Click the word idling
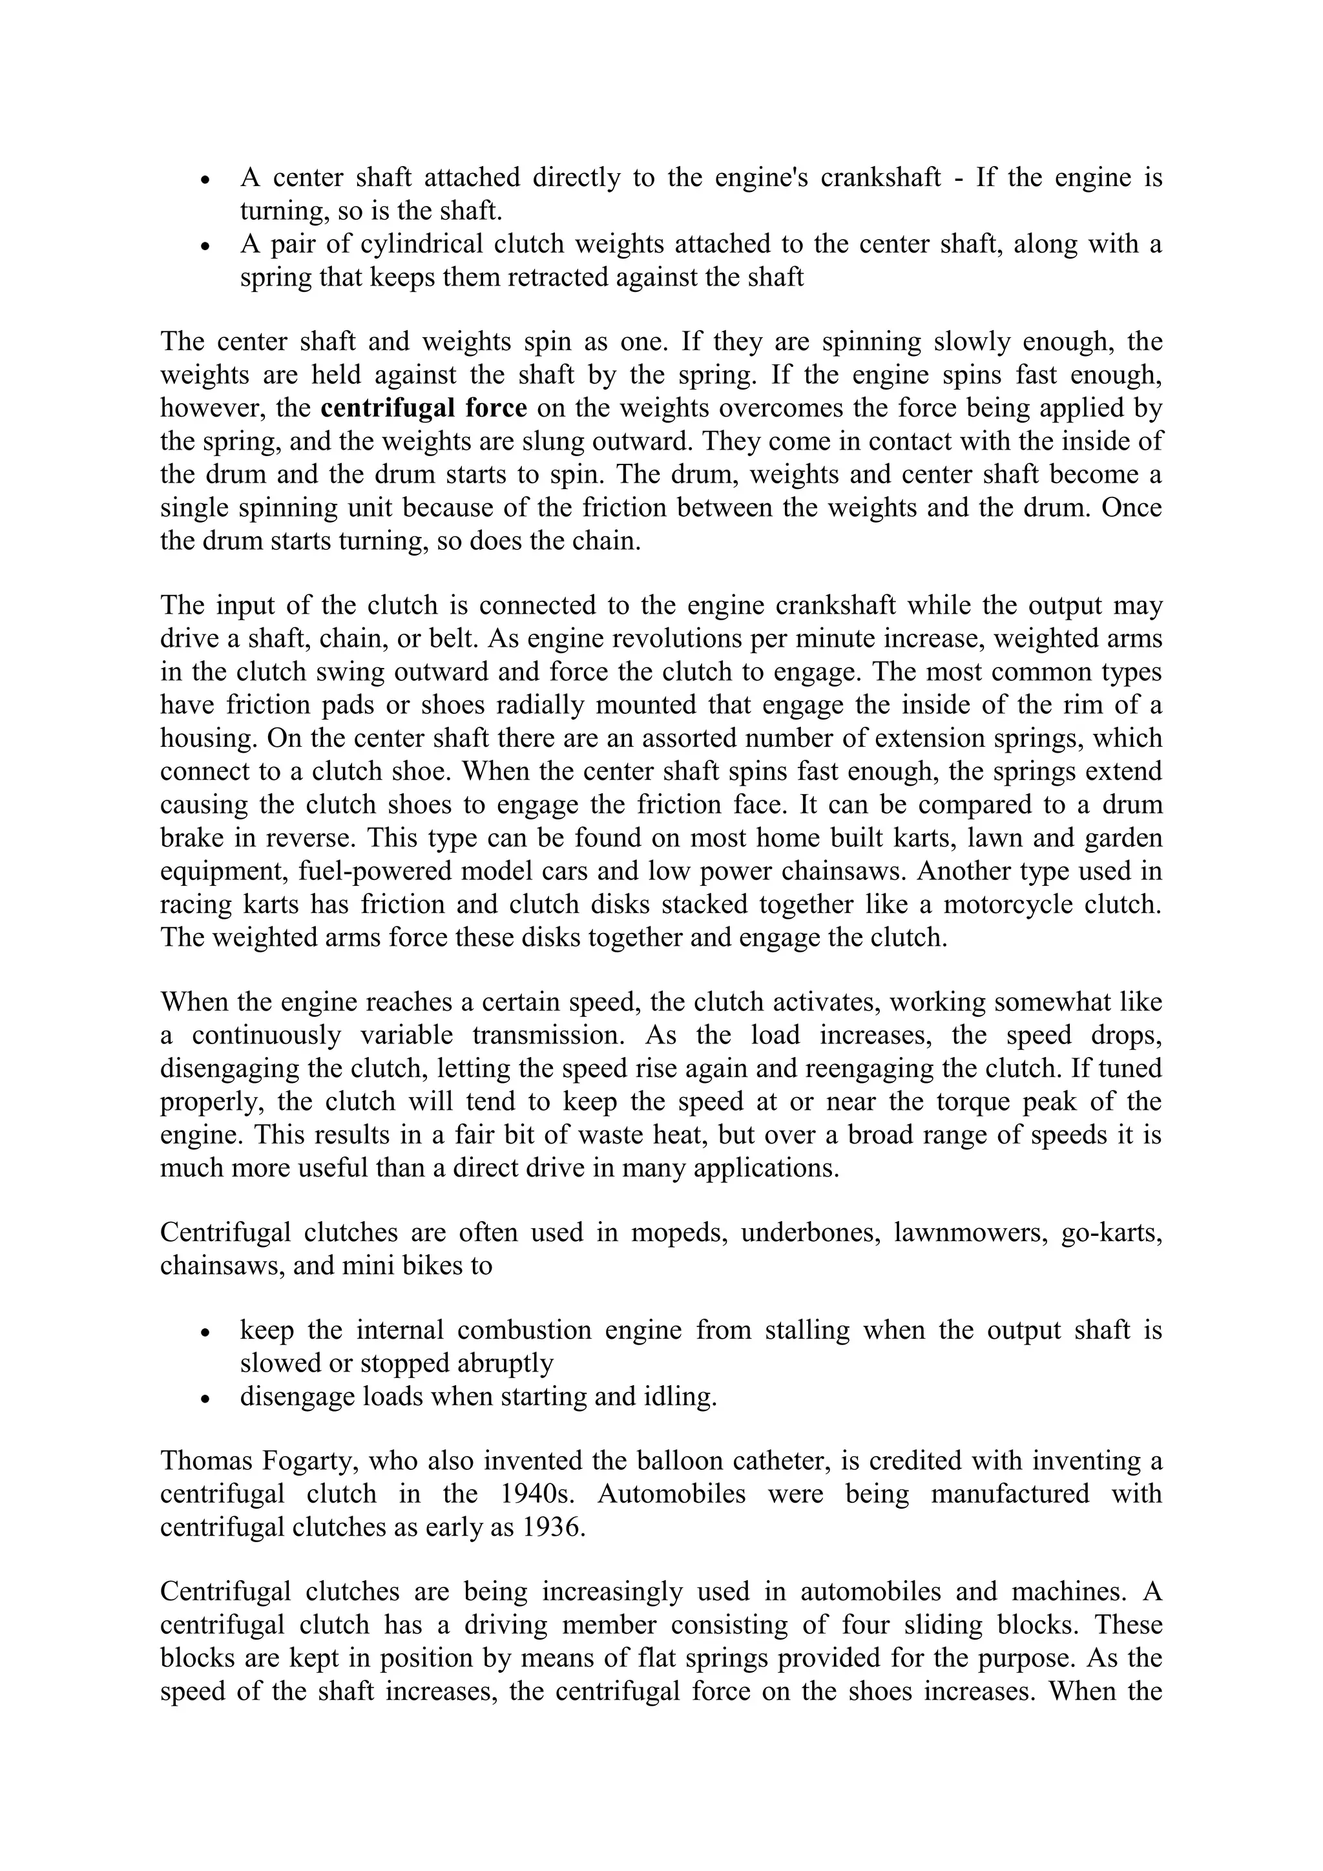coord(675,1397)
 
